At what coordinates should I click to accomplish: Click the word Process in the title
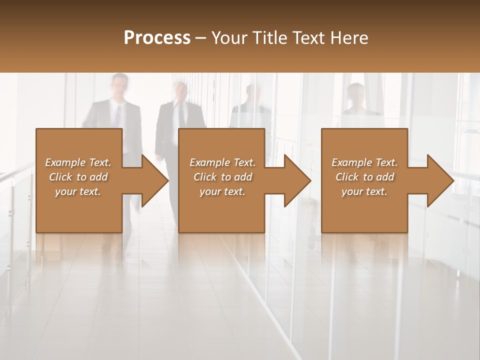[x=157, y=38]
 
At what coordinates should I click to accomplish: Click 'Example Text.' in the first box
[x=78, y=162]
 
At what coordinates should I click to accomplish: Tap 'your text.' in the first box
[x=78, y=191]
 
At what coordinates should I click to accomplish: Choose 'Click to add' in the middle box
[x=222, y=177]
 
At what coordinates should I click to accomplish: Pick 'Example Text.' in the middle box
[x=222, y=162]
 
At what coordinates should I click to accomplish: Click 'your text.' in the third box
[x=364, y=191]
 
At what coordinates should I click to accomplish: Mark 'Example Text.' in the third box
[x=364, y=162]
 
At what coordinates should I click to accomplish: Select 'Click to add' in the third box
[x=364, y=177]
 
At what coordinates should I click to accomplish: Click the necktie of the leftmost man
[x=117, y=115]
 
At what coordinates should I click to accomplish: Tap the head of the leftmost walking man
[x=120, y=85]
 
